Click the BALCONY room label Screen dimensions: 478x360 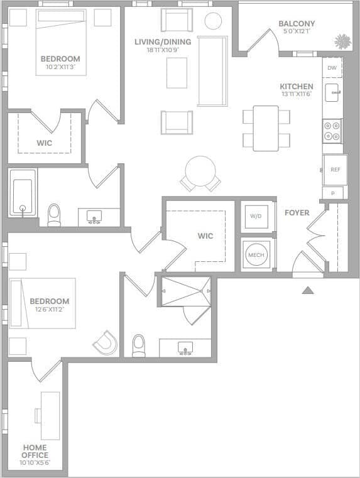(297, 24)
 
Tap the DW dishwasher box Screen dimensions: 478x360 (332, 67)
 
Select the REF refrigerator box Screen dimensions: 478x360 (335, 169)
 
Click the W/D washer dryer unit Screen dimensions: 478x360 (256, 217)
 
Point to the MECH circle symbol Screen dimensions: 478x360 (256, 255)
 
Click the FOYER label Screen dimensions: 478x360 (297, 213)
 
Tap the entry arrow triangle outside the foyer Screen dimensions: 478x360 (307, 290)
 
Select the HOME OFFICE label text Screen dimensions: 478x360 (35, 451)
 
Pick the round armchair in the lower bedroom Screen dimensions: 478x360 (106, 342)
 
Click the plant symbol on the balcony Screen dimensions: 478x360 (342, 41)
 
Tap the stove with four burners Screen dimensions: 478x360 (332, 131)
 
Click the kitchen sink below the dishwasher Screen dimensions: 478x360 (332, 93)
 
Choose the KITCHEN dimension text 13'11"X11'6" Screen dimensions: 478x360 (297, 94)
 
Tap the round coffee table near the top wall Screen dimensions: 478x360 (214, 20)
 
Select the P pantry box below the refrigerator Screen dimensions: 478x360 (333, 193)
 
